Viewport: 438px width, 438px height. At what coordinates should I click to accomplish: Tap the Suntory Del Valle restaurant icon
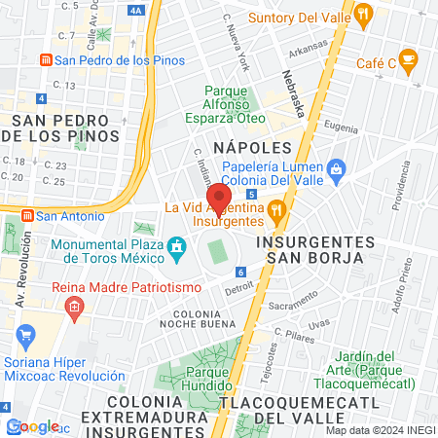click(x=364, y=14)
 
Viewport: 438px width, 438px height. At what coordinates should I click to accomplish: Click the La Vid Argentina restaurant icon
click(x=277, y=208)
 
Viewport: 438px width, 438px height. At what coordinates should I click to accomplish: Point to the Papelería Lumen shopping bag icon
click(x=336, y=168)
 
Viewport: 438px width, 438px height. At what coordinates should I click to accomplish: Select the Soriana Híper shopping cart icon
click(x=26, y=340)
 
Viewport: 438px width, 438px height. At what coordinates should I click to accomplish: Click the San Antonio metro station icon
click(x=27, y=215)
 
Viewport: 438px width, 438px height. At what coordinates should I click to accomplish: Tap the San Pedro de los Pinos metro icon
click(x=45, y=59)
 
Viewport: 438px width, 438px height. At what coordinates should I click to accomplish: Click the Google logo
click(x=33, y=425)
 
